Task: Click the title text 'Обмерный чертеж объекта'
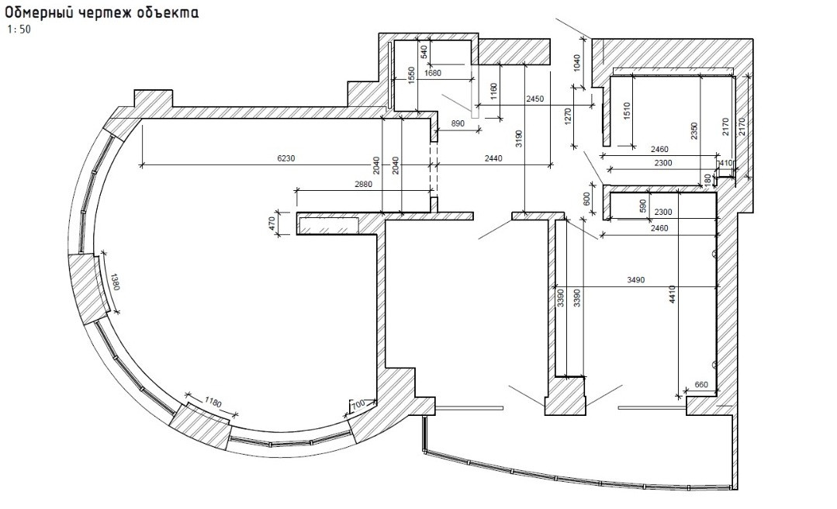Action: pos(101,13)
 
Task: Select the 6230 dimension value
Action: pos(285,158)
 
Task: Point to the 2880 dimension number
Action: pos(363,184)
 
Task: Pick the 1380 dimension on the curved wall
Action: pos(115,281)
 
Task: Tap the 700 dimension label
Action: pos(358,404)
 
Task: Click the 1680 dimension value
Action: pos(433,74)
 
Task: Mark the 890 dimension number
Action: pos(457,124)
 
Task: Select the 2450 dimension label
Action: pos(535,99)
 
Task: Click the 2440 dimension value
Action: pos(493,158)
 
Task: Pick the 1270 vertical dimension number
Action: pos(568,116)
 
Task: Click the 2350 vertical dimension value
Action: pos(693,129)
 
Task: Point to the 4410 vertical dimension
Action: pos(673,296)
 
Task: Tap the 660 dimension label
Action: pos(701,385)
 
